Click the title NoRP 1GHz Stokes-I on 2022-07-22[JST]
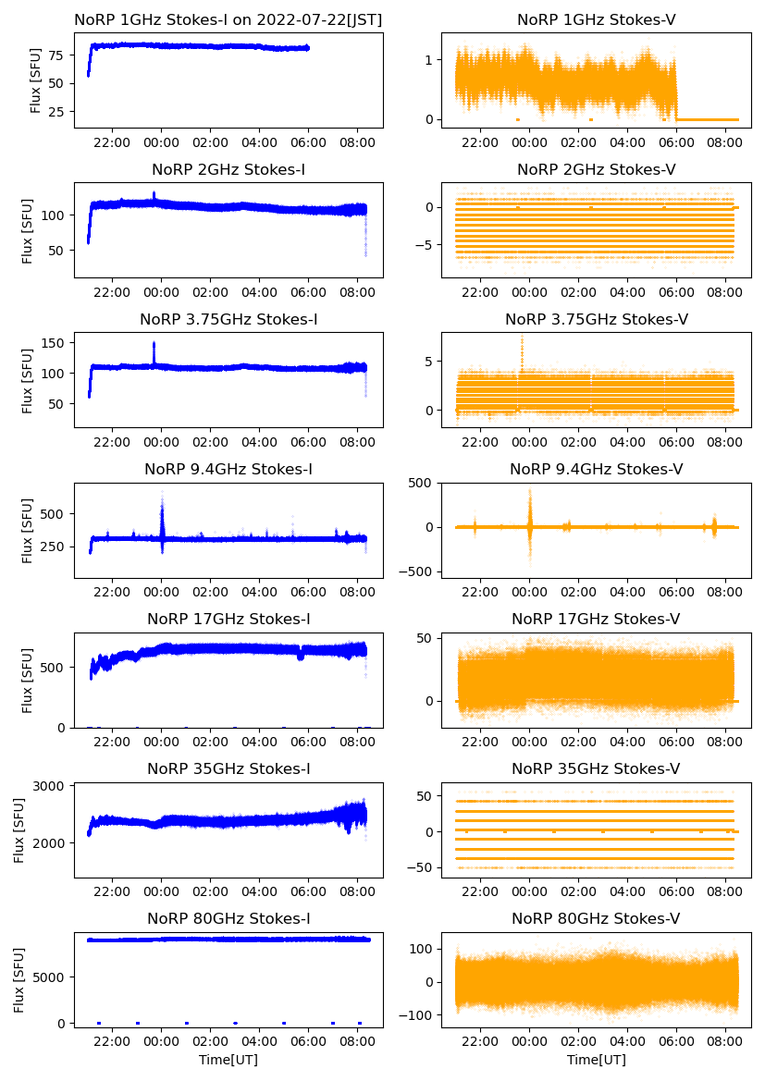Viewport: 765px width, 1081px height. (x=228, y=19)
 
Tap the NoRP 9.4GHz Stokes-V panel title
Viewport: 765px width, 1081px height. (x=597, y=470)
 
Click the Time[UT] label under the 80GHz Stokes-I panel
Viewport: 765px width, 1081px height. (x=228, y=1060)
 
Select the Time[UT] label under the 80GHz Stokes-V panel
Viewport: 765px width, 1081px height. (x=597, y=1060)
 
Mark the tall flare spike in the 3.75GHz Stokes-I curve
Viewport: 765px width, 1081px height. (x=154, y=344)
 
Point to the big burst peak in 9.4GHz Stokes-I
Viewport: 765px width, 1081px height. (x=162, y=495)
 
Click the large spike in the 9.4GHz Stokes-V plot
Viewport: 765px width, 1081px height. (x=530, y=492)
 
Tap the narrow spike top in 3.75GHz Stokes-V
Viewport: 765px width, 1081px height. (x=523, y=337)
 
